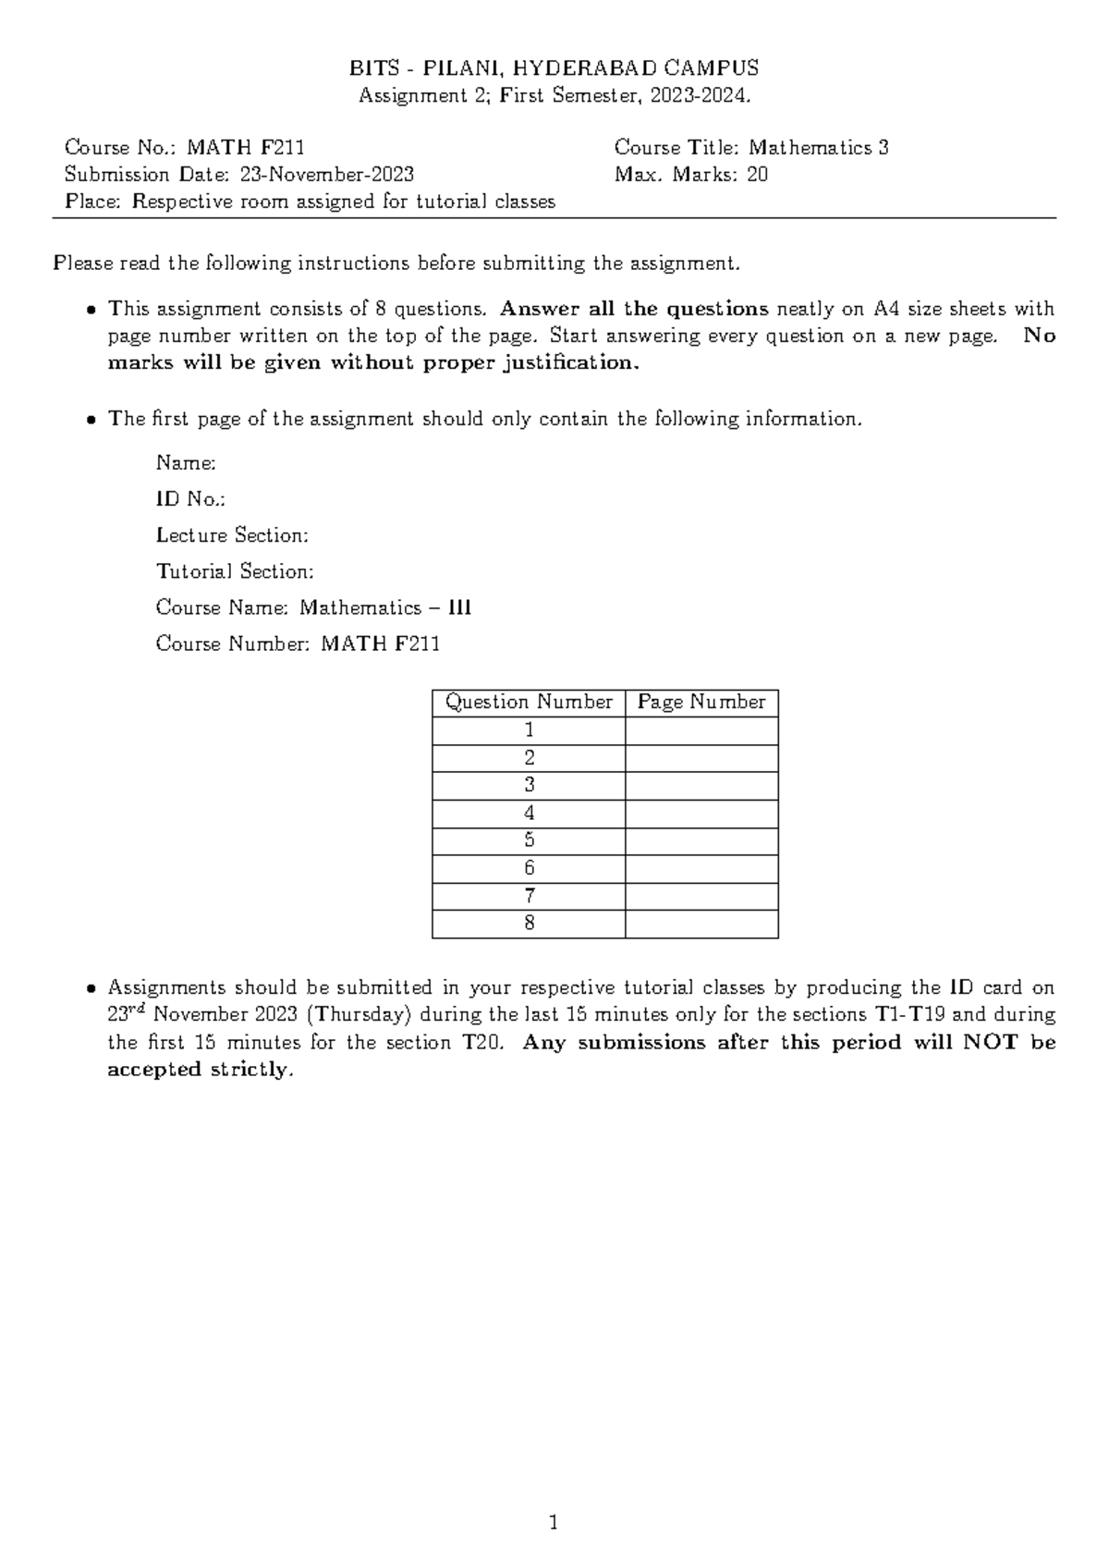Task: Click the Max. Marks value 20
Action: (757, 175)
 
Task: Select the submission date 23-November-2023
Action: (327, 175)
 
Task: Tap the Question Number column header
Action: (529, 703)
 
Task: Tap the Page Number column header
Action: (701, 703)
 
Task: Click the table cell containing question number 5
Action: (529, 840)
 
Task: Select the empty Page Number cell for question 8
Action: (701, 924)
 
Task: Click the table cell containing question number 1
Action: (529, 730)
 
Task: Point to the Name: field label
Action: (187, 462)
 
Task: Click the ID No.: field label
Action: (190, 499)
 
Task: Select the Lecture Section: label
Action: (232, 535)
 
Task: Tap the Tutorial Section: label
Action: (235, 571)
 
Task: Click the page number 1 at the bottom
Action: (554, 1522)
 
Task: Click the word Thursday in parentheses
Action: (358, 1015)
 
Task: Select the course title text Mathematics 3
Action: (819, 148)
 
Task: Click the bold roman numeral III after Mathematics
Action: (459, 608)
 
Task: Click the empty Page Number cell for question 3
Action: (701, 786)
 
